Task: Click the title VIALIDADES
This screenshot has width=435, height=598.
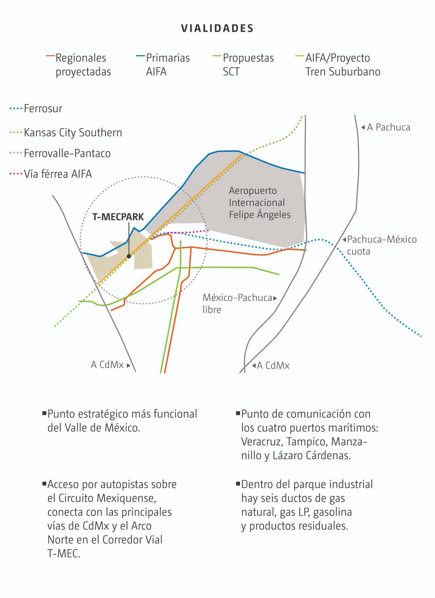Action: coord(217,29)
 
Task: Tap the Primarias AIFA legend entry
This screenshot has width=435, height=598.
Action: coord(167,64)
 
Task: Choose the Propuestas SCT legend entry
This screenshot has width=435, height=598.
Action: coord(248,64)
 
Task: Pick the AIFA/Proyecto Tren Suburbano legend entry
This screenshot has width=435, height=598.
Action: coord(343,64)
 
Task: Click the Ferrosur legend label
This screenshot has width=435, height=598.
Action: coord(43,109)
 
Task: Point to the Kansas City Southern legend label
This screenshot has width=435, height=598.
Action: coord(73,133)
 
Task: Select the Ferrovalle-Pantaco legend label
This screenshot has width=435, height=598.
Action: coord(67,154)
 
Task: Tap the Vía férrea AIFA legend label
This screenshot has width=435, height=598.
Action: coord(58,174)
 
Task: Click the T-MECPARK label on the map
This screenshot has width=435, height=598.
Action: coord(118,217)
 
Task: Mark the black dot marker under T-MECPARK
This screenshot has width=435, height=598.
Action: coord(129,256)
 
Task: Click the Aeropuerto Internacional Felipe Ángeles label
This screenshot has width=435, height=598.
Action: coord(260,202)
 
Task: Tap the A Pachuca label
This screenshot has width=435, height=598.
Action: coord(388,127)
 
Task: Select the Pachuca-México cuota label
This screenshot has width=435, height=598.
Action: coord(382,245)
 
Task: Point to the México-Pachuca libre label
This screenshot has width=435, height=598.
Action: coord(237,304)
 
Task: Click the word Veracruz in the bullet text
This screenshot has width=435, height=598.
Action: coord(262,442)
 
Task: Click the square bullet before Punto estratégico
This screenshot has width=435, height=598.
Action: coord(44,413)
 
